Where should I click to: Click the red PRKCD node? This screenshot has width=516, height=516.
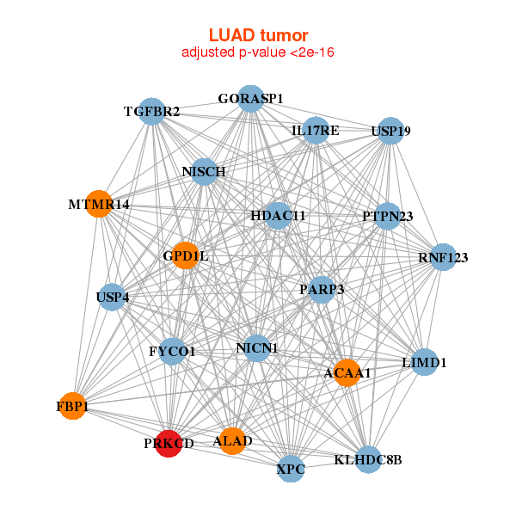(169, 443)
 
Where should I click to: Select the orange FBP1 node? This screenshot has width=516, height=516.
(74, 405)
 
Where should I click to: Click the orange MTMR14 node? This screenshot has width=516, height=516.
(100, 205)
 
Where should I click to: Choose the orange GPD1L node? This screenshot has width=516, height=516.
(186, 255)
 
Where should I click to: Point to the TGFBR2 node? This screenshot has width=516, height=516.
(152, 112)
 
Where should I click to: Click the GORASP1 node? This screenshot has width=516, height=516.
(250, 99)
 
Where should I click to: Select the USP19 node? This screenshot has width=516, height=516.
(390, 132)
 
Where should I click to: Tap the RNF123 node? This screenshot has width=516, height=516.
(443, 257)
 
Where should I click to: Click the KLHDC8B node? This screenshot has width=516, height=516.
(368, 460)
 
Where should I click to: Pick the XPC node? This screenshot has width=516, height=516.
(291, 470)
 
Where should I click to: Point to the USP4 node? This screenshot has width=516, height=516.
(113, 298)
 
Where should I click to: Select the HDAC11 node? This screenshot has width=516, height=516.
(278, 215)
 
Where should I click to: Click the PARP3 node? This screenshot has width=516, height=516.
(321, 290)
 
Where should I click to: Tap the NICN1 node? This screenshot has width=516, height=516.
(257, 348)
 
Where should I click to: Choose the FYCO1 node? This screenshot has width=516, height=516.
(173, 351)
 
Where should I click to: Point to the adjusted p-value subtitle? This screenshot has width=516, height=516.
(258, 52)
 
